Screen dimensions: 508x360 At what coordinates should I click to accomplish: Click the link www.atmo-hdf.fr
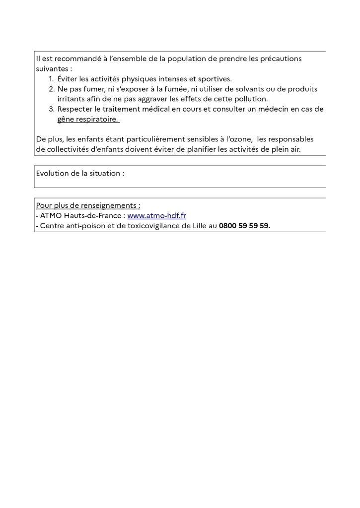coord(156,216)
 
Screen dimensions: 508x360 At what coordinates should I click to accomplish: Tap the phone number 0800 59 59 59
coord(244,226)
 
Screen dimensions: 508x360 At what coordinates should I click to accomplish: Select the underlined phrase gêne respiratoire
coord(88,120)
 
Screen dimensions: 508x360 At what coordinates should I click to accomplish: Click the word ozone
coord(240,140)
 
